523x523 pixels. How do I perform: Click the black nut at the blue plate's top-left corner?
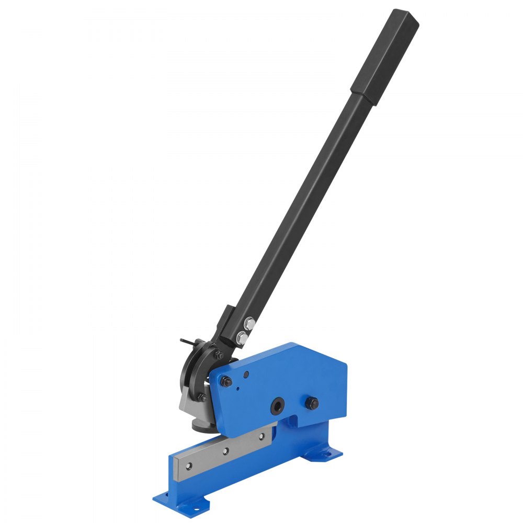(x=225, y=382)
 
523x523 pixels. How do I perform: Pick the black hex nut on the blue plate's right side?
(x=312, y=403)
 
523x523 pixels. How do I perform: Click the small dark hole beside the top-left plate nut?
(x=245, y=374)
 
